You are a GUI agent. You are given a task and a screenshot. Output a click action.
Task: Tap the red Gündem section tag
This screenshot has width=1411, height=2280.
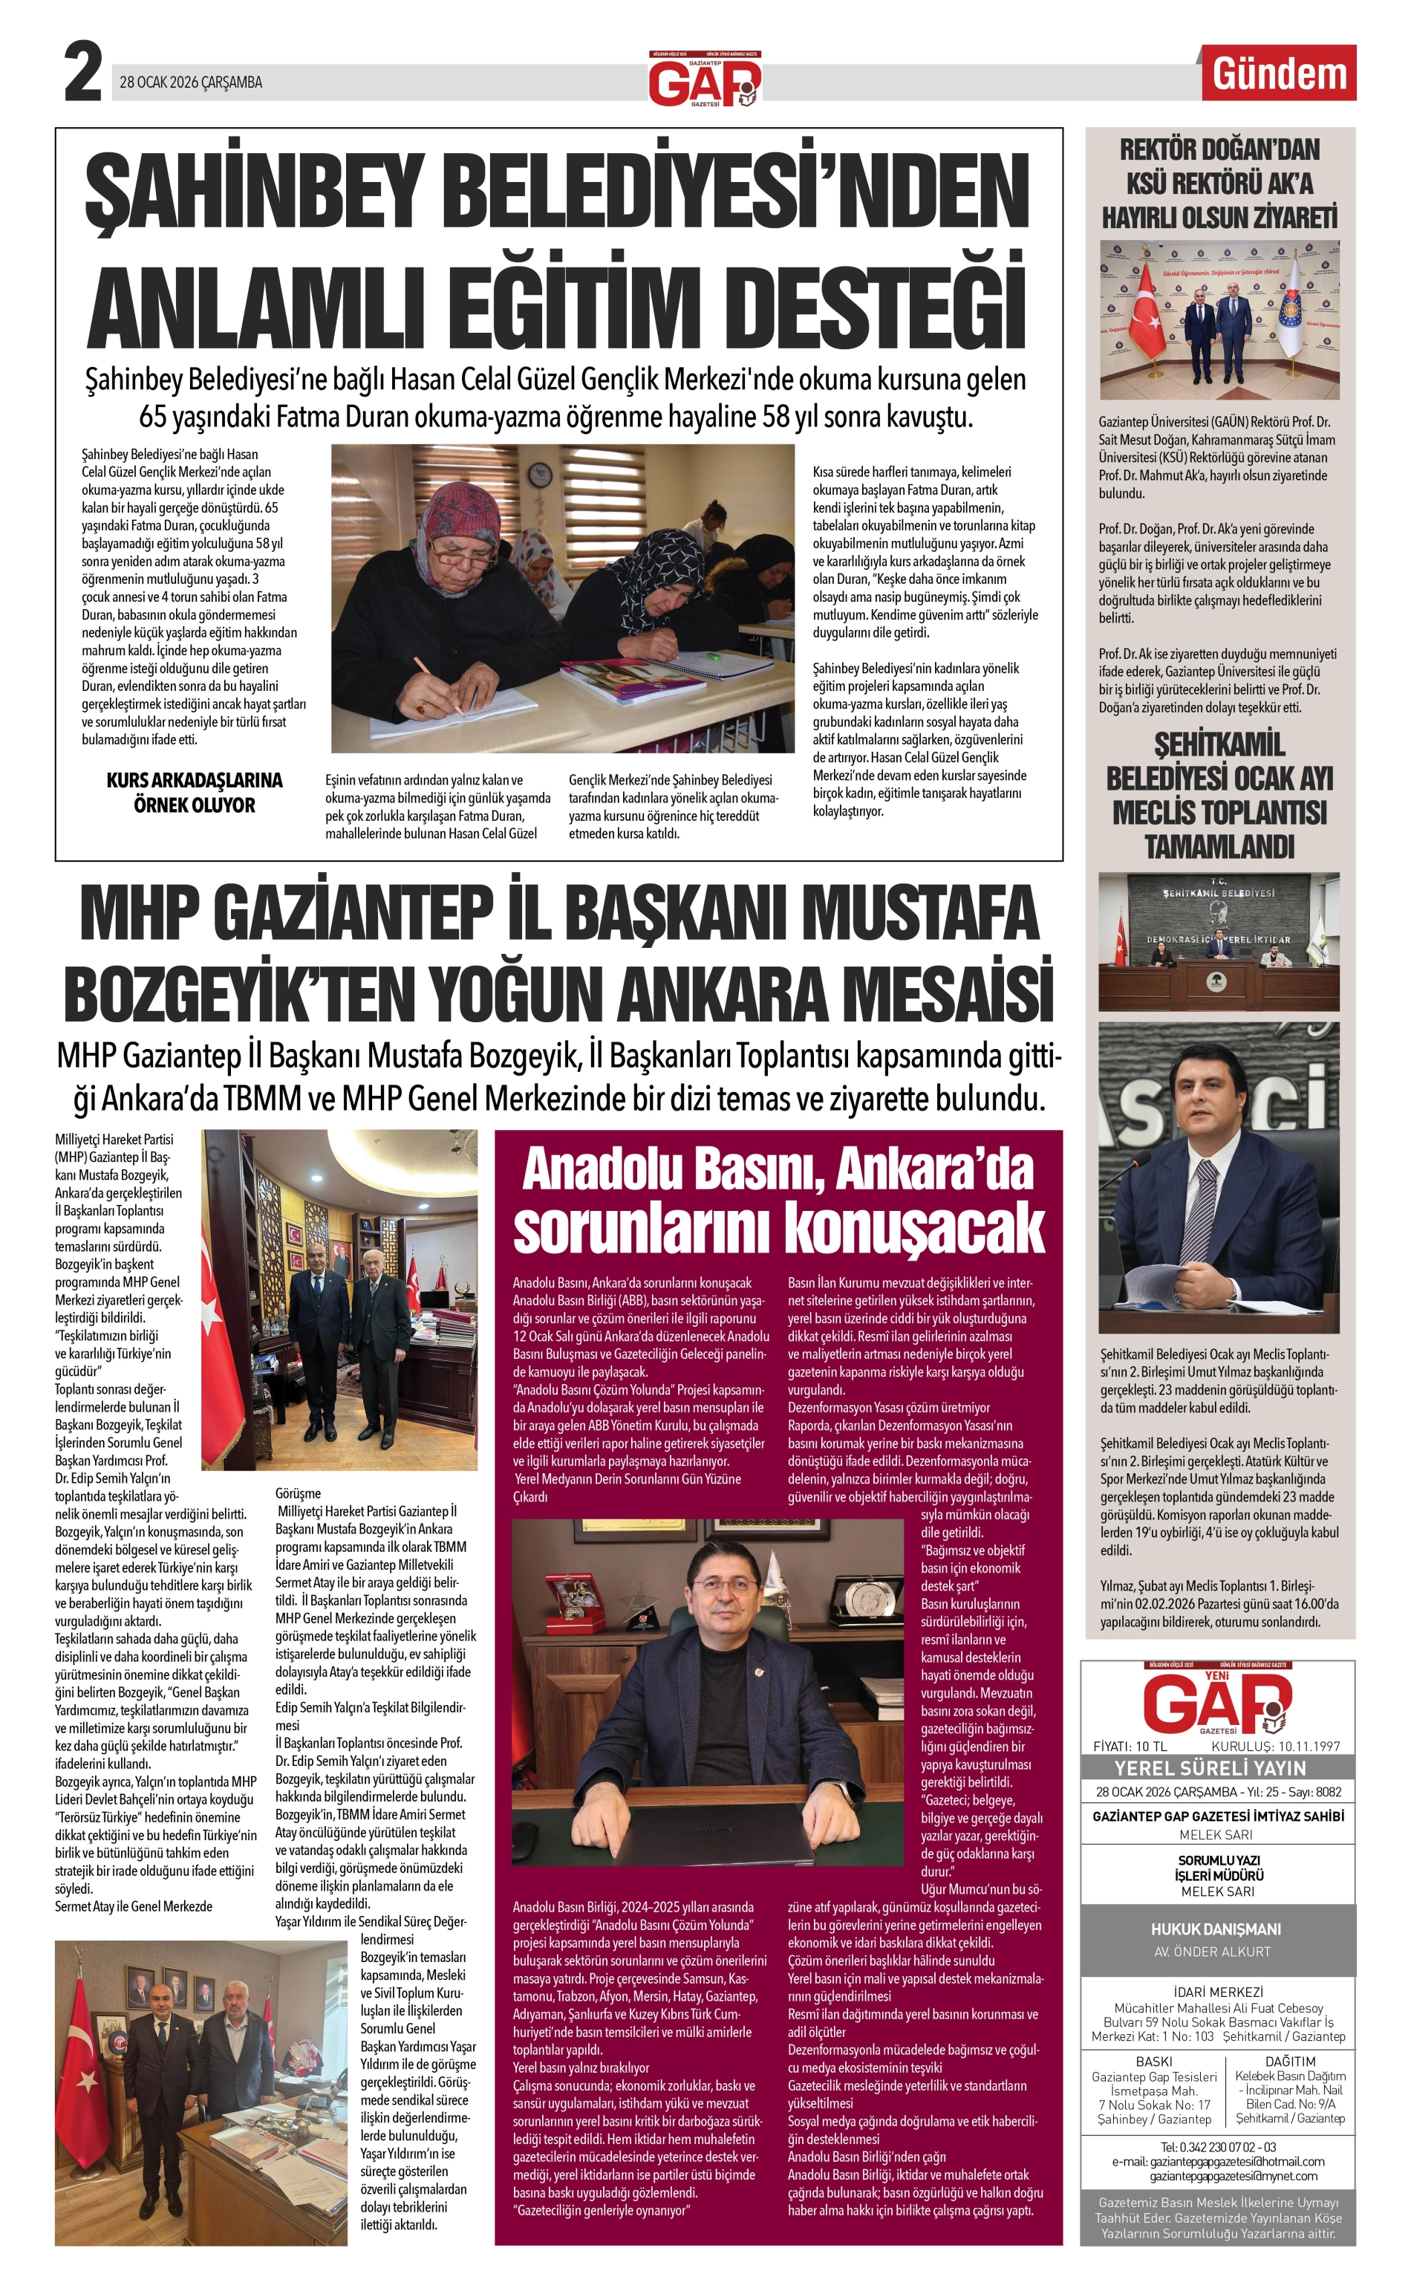point(1280,74)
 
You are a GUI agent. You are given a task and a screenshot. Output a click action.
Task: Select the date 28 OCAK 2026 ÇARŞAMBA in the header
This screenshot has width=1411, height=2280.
point(192,82)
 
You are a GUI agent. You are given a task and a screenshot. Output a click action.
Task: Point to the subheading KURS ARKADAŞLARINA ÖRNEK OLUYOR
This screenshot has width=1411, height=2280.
point(194,793)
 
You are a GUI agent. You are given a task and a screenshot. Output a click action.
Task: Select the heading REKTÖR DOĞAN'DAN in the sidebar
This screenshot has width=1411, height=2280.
point(1219,149)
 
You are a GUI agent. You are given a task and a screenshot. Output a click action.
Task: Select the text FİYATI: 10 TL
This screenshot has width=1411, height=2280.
point(1130,1746)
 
